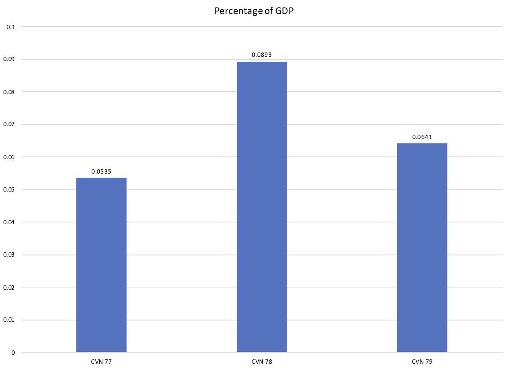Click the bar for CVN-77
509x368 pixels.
[101, 265]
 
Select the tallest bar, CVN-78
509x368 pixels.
[262, 207]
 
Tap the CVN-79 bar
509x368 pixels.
[422, 248]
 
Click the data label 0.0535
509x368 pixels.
[101, 172]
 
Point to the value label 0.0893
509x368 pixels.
[262, 55]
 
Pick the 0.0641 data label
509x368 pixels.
[422, 137]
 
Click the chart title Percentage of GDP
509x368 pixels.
[254, 11]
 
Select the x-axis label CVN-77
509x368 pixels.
[101, 362]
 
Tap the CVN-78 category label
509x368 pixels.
[262, 362]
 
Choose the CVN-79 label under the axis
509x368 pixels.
[422, 362]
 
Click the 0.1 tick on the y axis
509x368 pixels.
[11, 27]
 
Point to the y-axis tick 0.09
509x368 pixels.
[9, 59]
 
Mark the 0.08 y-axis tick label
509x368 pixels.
[9, 92]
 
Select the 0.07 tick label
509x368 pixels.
[9, 125]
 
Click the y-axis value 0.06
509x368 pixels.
[9, 157]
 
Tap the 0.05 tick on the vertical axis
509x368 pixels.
[9, 190]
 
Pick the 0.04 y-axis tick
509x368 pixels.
[9, 222]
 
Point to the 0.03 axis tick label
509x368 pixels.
[9, 255]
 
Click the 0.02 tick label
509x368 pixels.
[9, 287]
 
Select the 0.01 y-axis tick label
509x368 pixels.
[9, 320]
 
